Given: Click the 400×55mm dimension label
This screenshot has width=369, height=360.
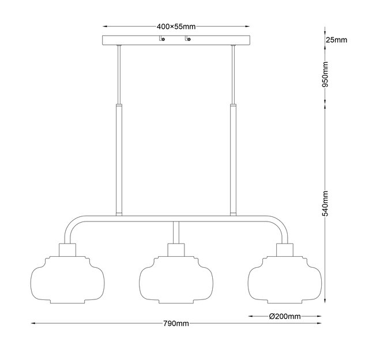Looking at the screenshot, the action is click(176, 27).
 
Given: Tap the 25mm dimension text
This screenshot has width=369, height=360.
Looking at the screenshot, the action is click(336, 40).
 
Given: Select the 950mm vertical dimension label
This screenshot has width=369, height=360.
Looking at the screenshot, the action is click(325, 74).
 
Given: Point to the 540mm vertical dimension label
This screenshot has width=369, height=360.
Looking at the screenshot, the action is click(325, 203).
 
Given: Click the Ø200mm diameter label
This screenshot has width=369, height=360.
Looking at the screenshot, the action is click(285, 316).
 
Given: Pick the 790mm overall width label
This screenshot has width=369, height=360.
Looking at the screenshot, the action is click(176, 324).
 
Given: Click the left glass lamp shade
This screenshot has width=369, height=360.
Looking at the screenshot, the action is click(67, 279).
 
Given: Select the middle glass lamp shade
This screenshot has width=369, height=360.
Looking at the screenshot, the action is click(176, 279).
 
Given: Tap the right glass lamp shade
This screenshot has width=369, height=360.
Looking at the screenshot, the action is click(285, 279).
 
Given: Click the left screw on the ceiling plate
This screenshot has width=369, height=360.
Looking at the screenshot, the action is click(163, 39).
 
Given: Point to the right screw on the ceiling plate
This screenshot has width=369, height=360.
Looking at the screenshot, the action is click(189, 39).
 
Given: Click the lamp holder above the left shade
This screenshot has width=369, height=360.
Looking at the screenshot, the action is click(67, 250).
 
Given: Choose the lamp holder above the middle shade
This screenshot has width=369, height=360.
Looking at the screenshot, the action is click(176, 250).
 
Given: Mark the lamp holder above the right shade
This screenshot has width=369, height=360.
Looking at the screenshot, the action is click(285, 250).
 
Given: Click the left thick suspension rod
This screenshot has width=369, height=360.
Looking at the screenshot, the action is click(119, 160).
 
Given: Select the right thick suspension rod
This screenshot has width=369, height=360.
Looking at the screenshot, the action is click(233, 160).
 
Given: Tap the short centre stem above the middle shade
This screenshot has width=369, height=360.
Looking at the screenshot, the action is click(176, 232).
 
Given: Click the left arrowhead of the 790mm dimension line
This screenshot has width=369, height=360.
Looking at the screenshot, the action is click(33, 324).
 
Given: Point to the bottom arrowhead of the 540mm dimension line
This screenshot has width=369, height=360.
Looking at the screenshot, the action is click(325, 301).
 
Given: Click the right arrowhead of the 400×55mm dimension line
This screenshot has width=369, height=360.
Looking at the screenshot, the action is click(247, 27).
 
